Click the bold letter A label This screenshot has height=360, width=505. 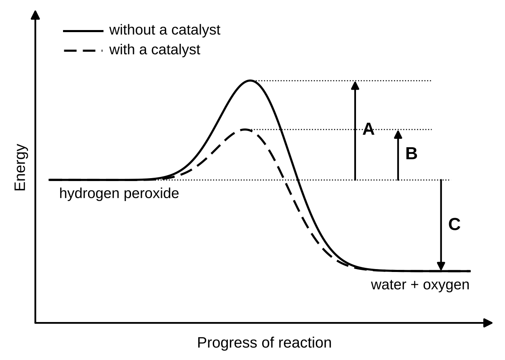point(368,129)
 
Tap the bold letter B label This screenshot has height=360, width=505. point(411,154)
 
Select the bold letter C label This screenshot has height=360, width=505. point(454,224)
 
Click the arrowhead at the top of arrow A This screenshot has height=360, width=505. point(355,86)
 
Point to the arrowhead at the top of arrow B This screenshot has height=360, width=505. point(398,134)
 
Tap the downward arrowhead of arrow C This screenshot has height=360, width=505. point(441,266)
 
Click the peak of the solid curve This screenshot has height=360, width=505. point(250,80)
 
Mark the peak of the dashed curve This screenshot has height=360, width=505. point(245,130)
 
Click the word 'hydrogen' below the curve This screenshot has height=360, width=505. point(89,194)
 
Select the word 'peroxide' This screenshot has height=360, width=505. point(151,194)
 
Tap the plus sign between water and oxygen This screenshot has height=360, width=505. point(415,285)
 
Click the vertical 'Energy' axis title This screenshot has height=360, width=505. point(20,167)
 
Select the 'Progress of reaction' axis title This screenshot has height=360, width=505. point(265,342)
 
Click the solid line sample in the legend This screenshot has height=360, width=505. point(83,31)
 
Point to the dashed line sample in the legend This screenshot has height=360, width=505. point(83,51)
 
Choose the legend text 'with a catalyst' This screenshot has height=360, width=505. point(155,50)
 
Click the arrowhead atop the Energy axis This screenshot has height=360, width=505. point(35,15)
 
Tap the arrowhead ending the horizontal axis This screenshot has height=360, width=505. point(488,323)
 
